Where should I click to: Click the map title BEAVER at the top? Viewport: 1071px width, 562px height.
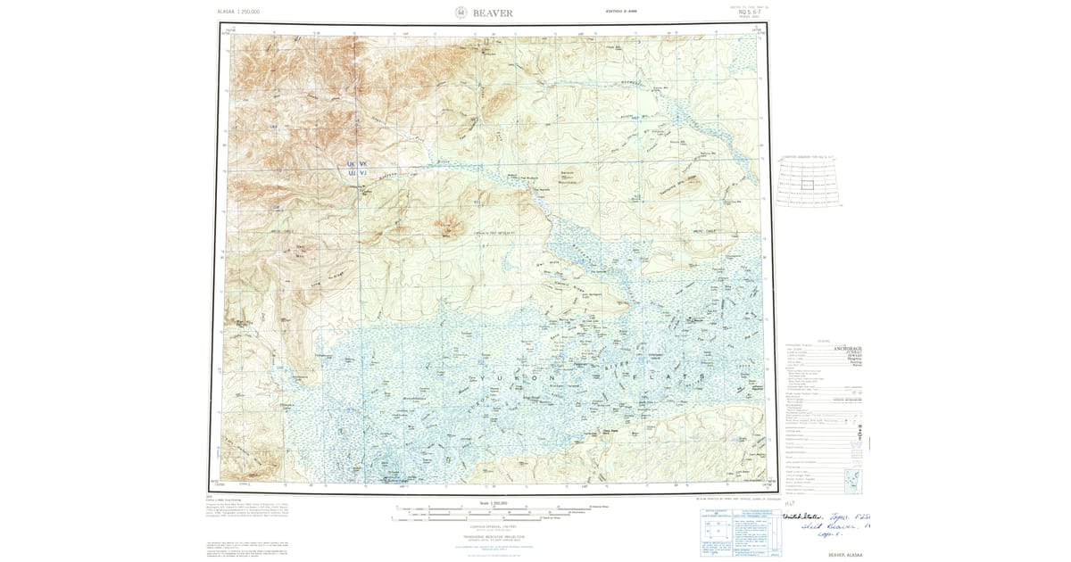click(x=494, y=13)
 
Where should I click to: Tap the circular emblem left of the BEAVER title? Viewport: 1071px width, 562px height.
click(x=461, y=13)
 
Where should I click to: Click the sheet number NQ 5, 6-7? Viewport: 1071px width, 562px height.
click(x=743, y=13)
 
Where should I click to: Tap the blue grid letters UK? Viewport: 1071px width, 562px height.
click(x=352, y=165)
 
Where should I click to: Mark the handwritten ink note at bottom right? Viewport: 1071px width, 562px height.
click(x=826, y=526)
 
